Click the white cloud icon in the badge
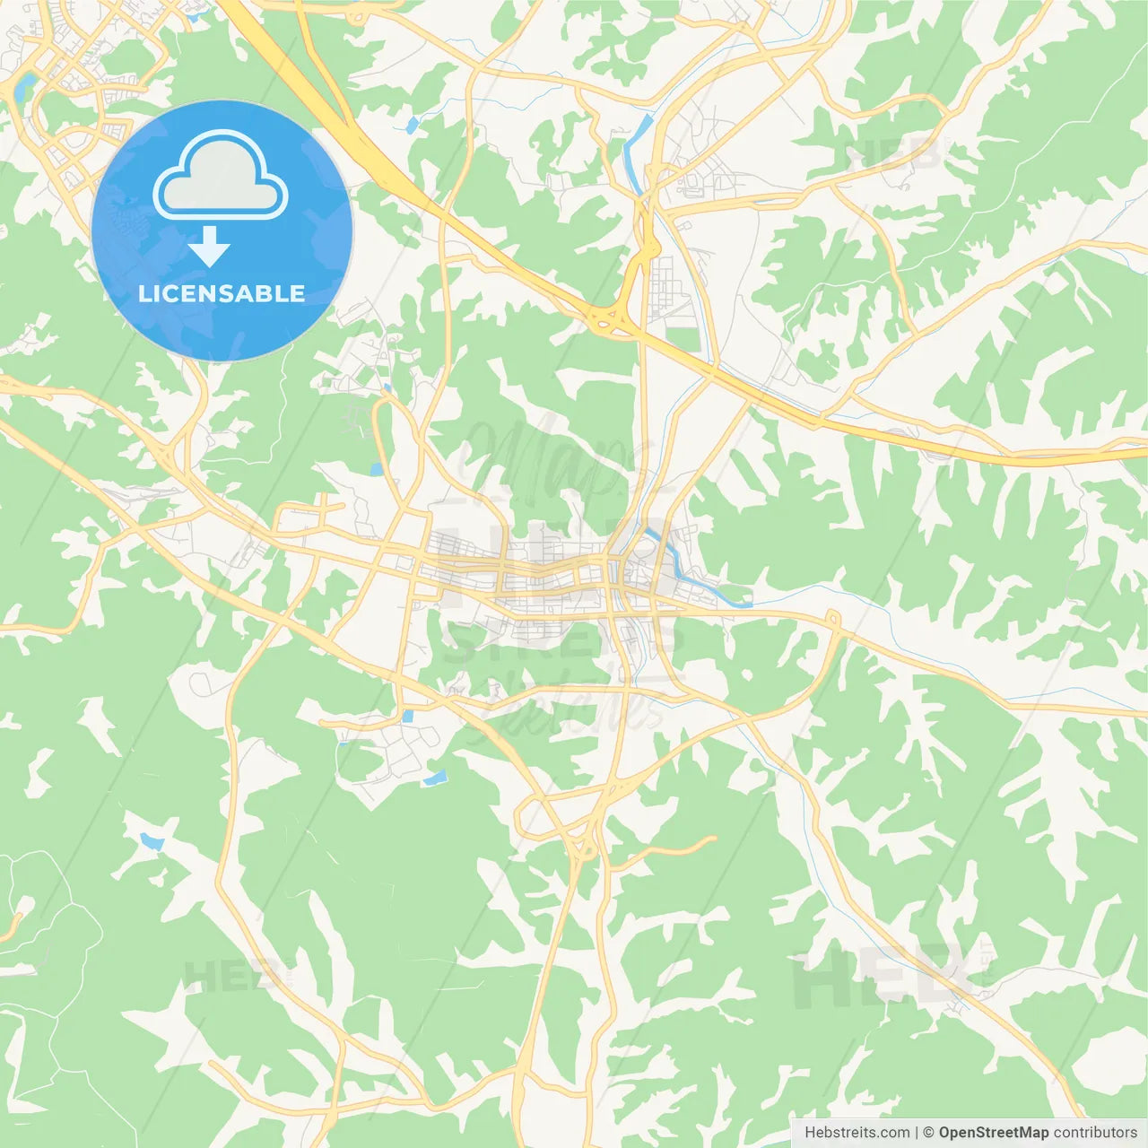(221, 176)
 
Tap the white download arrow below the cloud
(210, 247)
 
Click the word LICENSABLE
(222, 293)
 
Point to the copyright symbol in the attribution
(928, 1132)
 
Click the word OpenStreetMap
(993, 1132)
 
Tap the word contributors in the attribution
(1095, 1132)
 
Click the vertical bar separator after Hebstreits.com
(917, 1132)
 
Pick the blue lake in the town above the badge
(24, 86)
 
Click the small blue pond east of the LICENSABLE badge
(412, 125)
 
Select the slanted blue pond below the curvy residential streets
(435, 778)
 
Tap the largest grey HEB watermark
(879, 978)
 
